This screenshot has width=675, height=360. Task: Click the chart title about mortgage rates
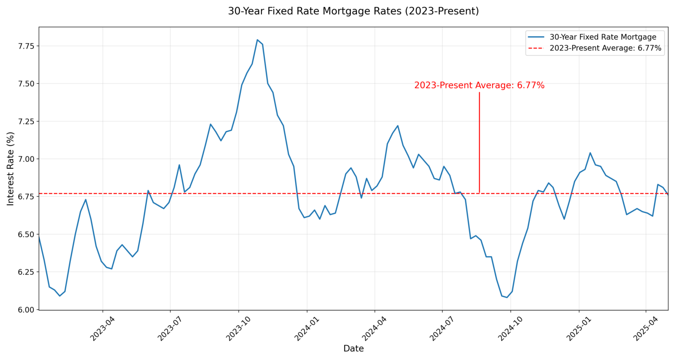point(353,11)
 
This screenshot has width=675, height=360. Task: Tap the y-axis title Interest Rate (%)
point(11,169)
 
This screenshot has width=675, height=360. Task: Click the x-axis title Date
point(353,349)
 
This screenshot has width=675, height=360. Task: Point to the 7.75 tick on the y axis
point(26,46)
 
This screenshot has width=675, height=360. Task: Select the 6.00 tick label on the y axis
point(26,310)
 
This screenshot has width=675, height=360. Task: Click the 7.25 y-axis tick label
point(26,122)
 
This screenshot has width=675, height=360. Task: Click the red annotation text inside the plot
point(479,85)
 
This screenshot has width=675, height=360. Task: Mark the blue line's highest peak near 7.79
point(257,40)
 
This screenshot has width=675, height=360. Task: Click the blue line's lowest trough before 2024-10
point(507,298)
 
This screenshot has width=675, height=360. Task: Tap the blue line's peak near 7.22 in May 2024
point(398,125)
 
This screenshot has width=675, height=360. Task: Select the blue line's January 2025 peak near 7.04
point(590,153)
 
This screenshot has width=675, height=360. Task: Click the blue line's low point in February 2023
point(59,296)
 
